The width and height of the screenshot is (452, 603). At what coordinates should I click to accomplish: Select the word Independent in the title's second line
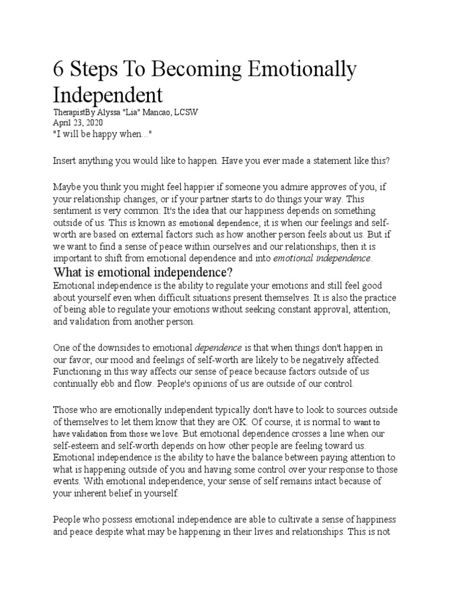pos(108,95)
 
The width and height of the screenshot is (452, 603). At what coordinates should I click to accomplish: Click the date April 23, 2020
pos(78,122)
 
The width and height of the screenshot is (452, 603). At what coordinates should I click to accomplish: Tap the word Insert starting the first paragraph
pos(65,161)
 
